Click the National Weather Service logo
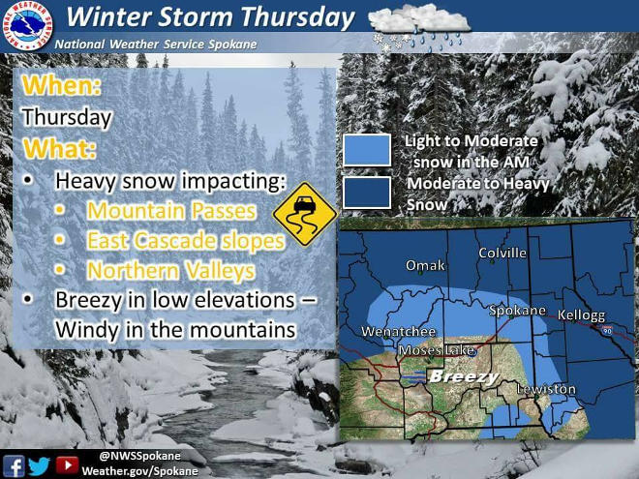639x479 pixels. coord(27,26)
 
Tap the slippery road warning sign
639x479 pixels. coord(305,214)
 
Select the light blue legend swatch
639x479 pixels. coord(367,150)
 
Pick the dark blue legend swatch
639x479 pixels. coord(367,193)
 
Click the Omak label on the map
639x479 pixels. coord(425,265)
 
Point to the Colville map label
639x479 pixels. coord(502,253)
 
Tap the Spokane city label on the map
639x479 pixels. coord(517,311)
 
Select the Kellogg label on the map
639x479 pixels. coord(581,315)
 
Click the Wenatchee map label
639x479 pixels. coord(399,332)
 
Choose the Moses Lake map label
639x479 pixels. coord(437,350)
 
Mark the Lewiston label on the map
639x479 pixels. coord(546,389)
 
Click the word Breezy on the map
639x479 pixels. coord(464,376)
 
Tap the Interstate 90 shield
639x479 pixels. coord(607,330)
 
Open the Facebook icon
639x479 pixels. coord(14,466)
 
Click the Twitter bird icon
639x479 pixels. coord(39,466)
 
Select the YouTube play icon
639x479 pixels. coord(67,464)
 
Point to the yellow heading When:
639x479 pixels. coord(62,85)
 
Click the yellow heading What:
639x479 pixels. coord(59,148)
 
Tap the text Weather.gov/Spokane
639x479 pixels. coord(139,471)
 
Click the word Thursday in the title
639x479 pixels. coord(297,17)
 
